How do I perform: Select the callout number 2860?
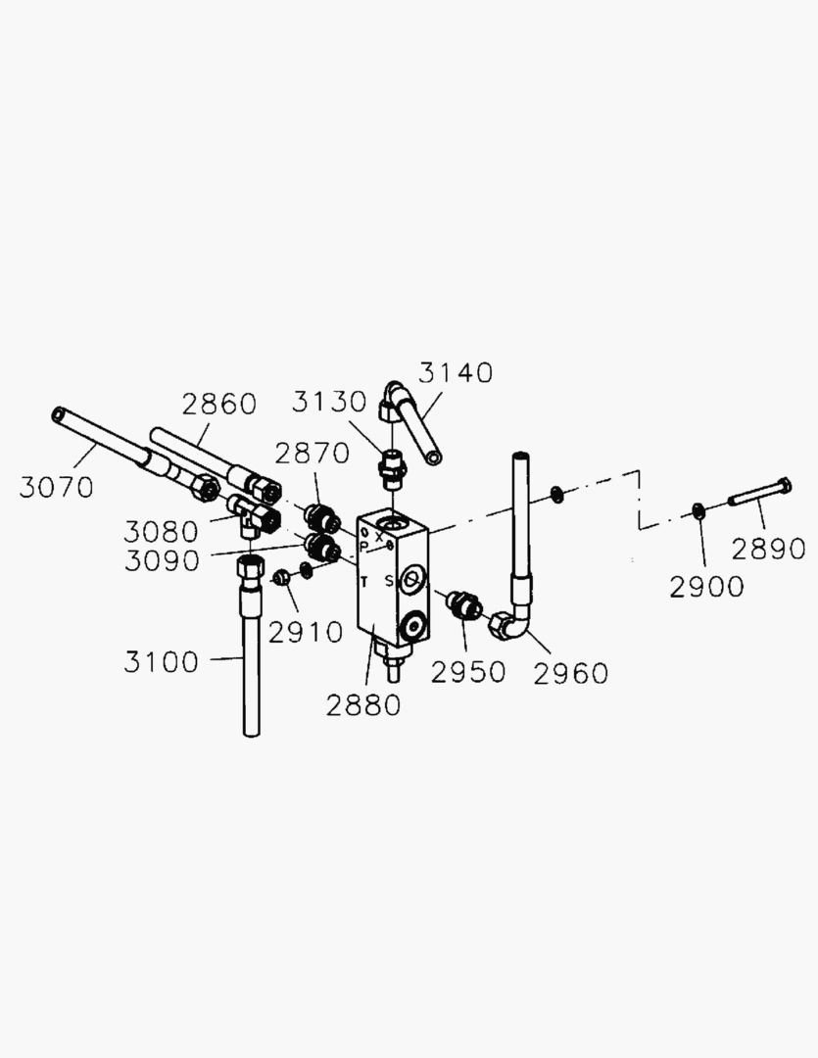pos(218,404)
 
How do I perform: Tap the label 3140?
pos(456,372)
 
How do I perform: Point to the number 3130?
pos(329,403)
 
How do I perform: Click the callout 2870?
pos(312,454)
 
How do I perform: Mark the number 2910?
pos(306,632)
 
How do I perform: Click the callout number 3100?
pos(161,662)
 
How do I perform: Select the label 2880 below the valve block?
pos(364,704)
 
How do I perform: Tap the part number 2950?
pos(468,672)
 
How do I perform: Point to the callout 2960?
pos(570,673)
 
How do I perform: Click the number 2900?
pos(706,587)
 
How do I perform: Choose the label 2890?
pos(768,549)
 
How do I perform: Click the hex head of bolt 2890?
pos(784,485)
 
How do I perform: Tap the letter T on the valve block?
pos(364,582)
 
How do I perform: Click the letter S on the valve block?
pos(388,581)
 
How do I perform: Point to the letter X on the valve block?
pos(378,536)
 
